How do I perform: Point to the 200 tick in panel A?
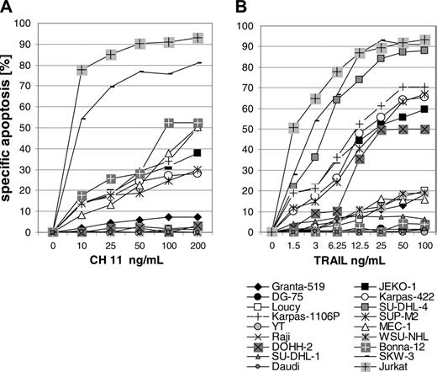tap(198, 246)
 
